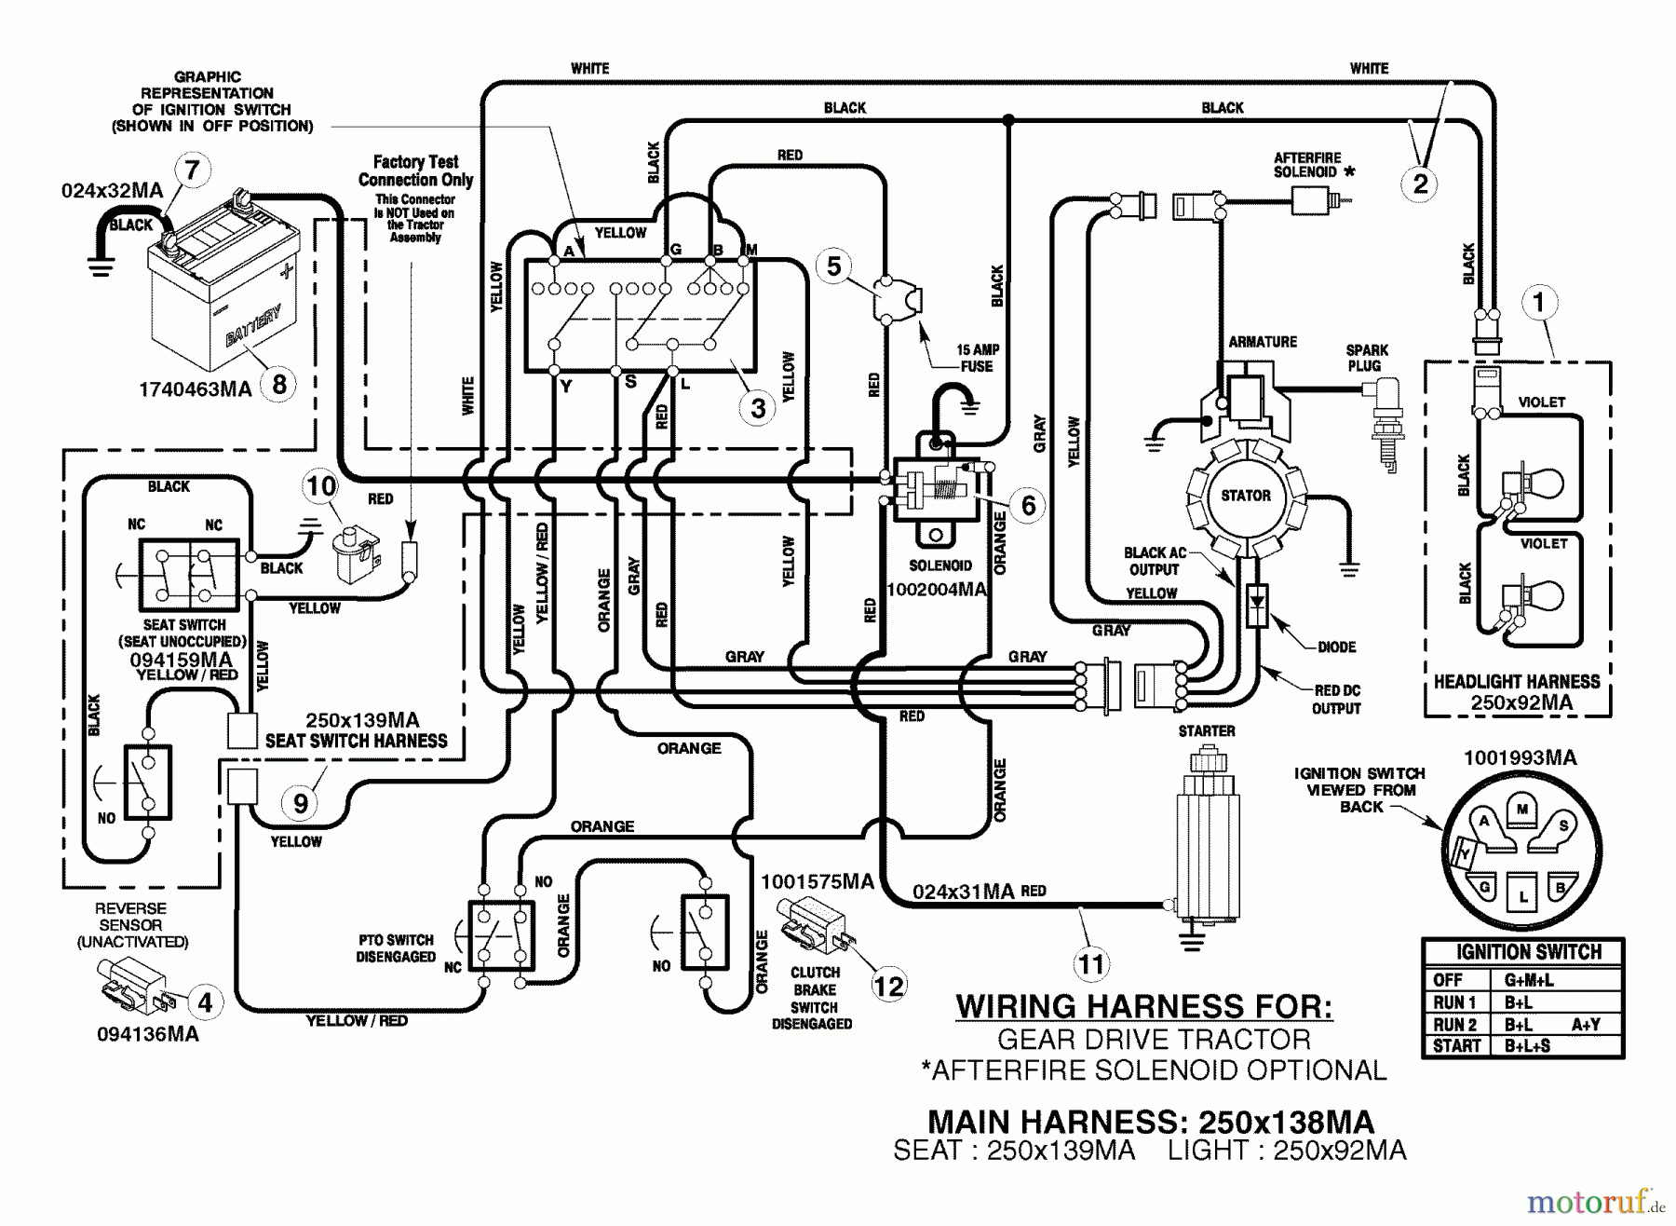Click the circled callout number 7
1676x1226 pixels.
pyautogui.click(x=193, y=170)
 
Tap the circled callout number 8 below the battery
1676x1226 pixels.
pyautogui.click(x=278, y=383)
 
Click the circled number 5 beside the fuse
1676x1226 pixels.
pyautogui.click(x=833, y=266)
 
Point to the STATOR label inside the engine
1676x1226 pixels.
pyautogui.click(x=1245, y=496)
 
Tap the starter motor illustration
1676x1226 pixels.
pyautogui.click(x=1207, y=829)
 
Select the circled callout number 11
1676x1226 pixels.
pyautogui.click(x=1091, y=963)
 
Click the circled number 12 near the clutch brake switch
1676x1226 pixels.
pyautogui.click(x=888, y=986)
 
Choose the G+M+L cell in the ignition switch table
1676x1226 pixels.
pyautogui.click(x=1528, y=980)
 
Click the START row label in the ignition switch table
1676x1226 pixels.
pyautogui.click(x=1457, y=1045)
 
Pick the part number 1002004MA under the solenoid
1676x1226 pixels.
pyautogui.click(x=936, y=590)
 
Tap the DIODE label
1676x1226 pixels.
pyautogui.click(x=1336, y=647)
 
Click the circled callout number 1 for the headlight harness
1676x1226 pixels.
pyautogui.click(x=1538, y=302)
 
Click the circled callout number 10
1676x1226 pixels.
pyautogui.click(x=321, y=485)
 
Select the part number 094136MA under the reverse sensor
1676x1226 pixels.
pyautogui.click(x=148, y=1034)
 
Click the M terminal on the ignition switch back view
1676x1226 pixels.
pyautogui.click(x=1521, y=809)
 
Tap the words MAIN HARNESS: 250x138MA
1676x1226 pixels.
pyautogui.click(x=1151, y=1122)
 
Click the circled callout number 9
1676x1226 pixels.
pyautogui.click(x=300, y=803)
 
